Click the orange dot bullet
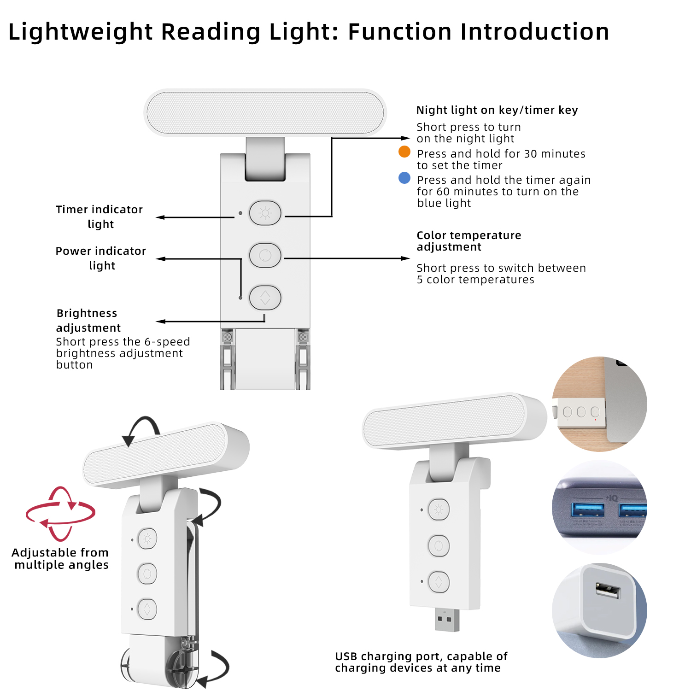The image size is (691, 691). coord(404,152)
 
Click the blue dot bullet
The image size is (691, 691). coord(404,178)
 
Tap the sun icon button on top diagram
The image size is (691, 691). coord(265,213)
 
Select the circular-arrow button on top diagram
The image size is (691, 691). coord(265,255)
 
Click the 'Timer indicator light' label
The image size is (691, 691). coord(100,217)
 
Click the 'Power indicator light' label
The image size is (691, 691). coord(101,258)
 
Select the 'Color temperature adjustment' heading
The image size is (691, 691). coord(468,241)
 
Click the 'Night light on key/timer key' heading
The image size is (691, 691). coord(497,110)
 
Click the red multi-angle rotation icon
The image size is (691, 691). coord(60,514)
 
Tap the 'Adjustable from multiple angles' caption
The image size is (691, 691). coord(60,558)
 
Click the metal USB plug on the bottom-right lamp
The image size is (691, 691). coord(447,620)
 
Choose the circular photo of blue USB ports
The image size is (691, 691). coord(599,507)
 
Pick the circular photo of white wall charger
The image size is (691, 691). coord(599,610)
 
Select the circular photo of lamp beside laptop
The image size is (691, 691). coord(599,404)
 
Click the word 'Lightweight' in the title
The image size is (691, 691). coord(81,32)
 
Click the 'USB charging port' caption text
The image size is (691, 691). coord(421,662)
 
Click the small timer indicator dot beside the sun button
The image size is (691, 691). coord(240,213)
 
